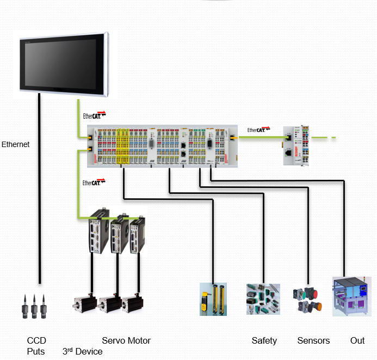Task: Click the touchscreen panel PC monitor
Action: click(x=64, y=63)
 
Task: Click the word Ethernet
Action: click(x=16, y=145)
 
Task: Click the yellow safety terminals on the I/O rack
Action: click(x=123, y=145)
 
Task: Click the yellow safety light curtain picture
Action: click(x=213, y=298)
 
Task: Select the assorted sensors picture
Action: click(x=263, y=299)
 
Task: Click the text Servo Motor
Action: click(x=126, y=341)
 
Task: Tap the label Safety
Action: click(x=264, y=341)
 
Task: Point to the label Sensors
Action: click(x=313, y=341)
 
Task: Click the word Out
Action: click(x=357, y=341)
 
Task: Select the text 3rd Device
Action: click(x=83, y=351)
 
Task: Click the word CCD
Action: click(x=36, y=341)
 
